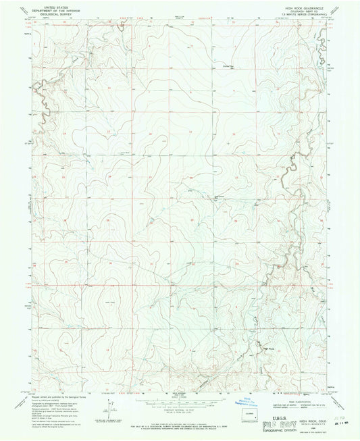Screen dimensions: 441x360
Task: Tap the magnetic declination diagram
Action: (x=107, y=408)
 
